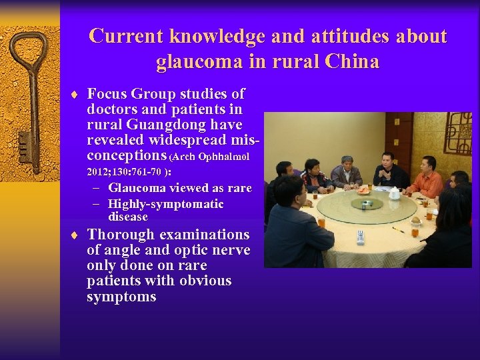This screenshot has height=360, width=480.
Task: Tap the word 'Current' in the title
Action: coord(126,36)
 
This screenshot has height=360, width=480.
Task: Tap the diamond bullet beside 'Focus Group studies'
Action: coord(77,95)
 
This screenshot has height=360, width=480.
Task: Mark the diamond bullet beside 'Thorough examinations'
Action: coord(77,235)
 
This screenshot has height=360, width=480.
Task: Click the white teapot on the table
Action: coord(394,193)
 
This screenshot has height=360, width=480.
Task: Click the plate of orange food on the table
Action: coord(363,190)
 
